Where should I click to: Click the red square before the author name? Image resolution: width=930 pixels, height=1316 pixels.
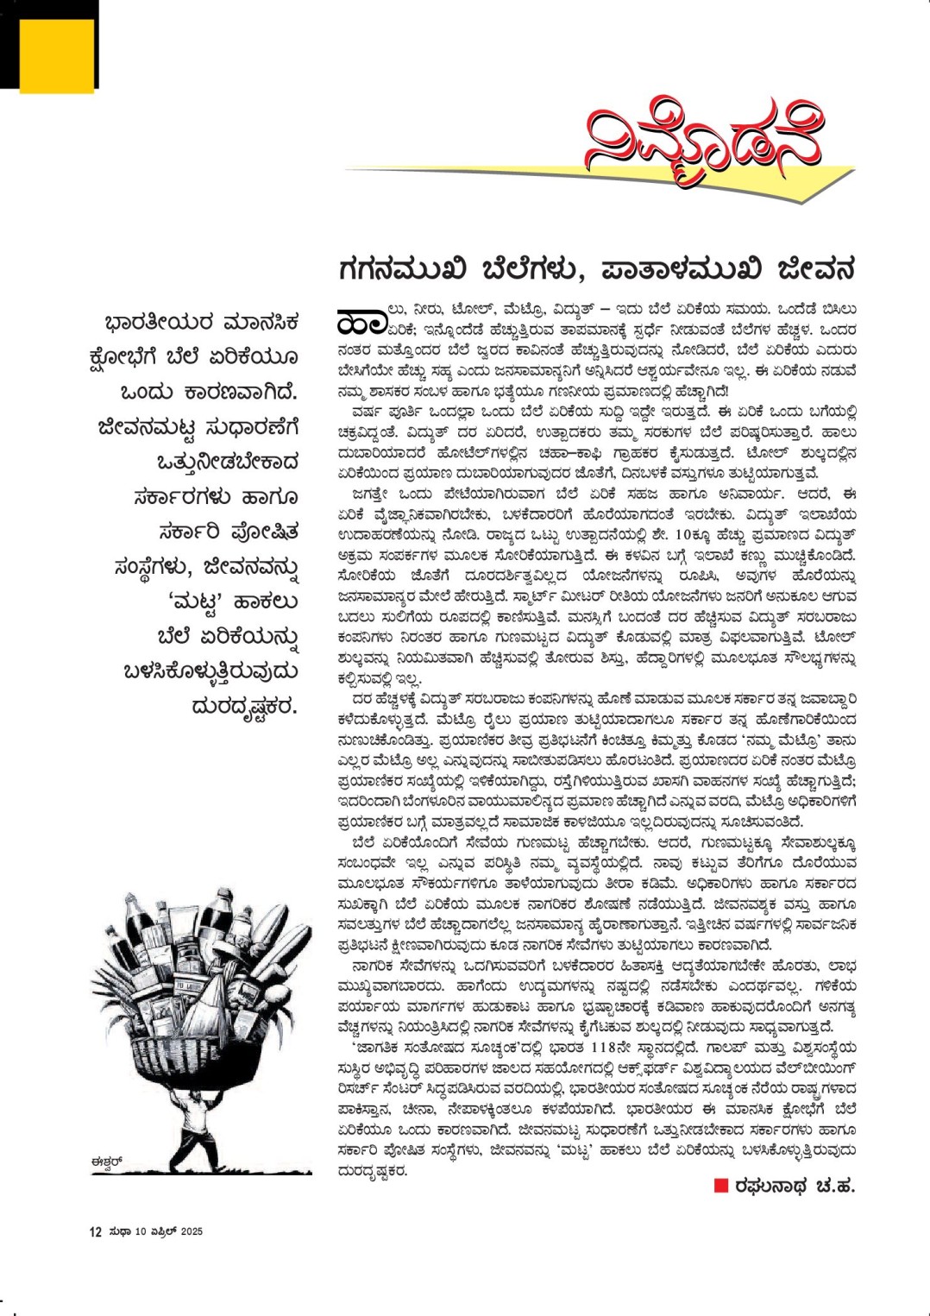pyautogui.click(x=721, y=1186)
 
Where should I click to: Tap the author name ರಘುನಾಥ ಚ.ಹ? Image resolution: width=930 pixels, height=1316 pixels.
pyautogui.click(x=795, y=1187)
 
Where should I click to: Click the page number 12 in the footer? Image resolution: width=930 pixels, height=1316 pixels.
pyautogui.click(x=96, y=1231)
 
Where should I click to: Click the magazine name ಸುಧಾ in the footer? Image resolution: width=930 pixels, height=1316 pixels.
pyautogui.click(x=120, y=1231)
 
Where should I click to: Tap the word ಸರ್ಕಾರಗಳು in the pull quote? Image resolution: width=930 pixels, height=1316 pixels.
pyautogui.click(x=183, y=497)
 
